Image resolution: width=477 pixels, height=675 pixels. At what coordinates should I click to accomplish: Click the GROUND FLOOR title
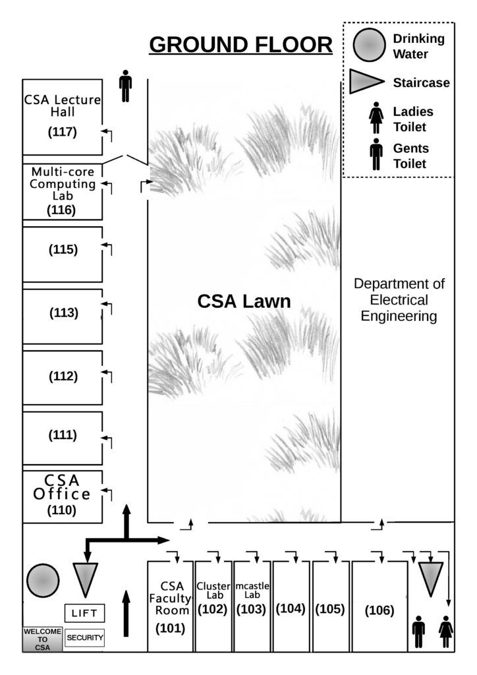241,45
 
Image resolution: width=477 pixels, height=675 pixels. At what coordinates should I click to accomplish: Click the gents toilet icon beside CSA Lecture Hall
125,86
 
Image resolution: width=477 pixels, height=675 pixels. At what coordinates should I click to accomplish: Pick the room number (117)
63,132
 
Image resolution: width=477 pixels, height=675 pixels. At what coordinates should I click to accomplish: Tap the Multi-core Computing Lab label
63,184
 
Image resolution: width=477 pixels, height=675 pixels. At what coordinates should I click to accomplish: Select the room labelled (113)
63,313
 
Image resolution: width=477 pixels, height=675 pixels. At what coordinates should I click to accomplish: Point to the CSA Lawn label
244,302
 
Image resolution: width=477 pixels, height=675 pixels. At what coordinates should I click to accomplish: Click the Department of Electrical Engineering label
399,300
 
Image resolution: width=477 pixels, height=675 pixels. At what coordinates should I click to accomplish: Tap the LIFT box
84,613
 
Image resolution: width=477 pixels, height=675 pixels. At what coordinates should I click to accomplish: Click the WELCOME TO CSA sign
43,639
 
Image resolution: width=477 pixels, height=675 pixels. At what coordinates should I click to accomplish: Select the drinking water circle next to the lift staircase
43,581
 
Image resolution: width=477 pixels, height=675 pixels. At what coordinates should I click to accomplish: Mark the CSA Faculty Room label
170,597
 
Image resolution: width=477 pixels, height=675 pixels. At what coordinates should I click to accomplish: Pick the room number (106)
379,611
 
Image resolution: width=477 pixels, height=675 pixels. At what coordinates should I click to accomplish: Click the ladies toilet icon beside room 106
447,631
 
